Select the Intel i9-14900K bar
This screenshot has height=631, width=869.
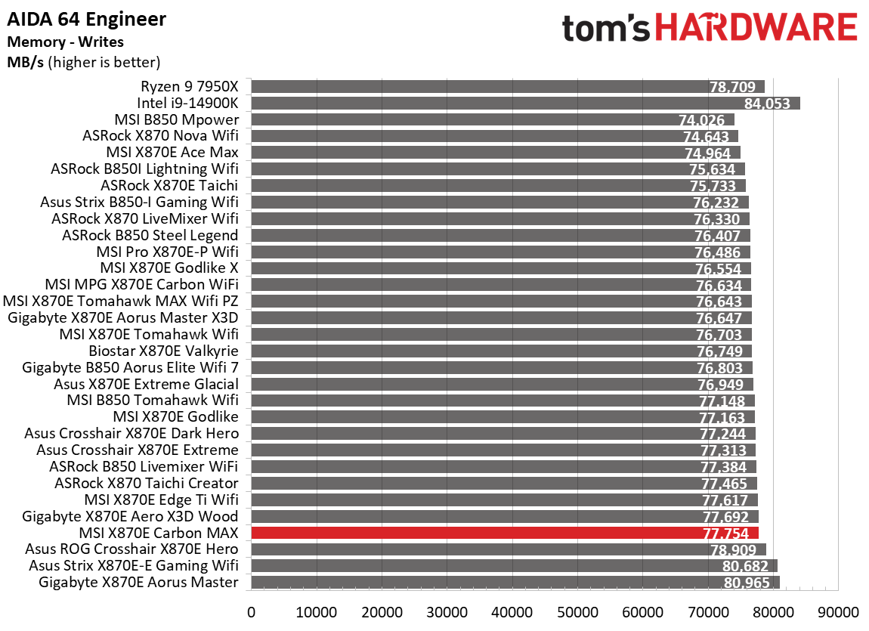pyautogui.click(x=524, y=103)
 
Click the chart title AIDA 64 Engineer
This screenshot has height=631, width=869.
pyautogui.click(x=86, y=18)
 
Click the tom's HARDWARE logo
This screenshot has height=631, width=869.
pyautogui.click(x=710, y=29)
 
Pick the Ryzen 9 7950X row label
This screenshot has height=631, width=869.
pyautogui.click(x=189, y=86)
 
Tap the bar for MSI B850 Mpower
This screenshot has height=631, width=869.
pyautogui.click(x=491, y=119)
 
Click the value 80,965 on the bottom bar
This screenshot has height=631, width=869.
pyautogui.click(x=746, y=583)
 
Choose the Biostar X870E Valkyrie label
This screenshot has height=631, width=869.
pyautogui.click(x=163, y=351)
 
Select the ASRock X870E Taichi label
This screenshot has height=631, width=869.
pyautogui.click(x=169, y=185)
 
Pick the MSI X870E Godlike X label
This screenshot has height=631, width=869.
pyautogui.click(x=169, y=268)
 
